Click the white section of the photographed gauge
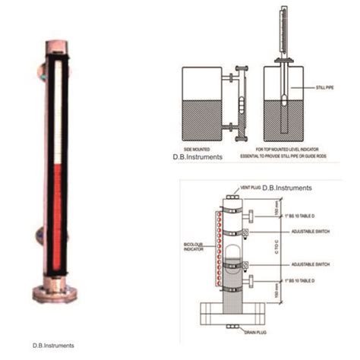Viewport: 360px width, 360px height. click(52, 114)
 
